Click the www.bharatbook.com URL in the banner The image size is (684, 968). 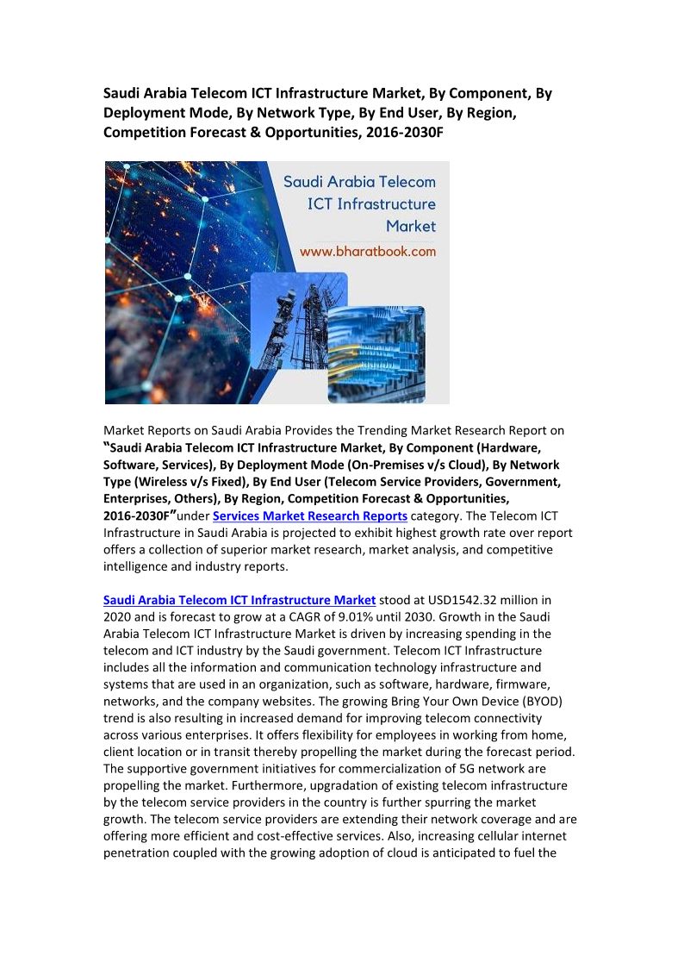point(367,252)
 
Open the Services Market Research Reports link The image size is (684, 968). point(310,515)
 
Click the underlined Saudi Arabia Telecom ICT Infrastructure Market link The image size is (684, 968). point(239,599)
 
